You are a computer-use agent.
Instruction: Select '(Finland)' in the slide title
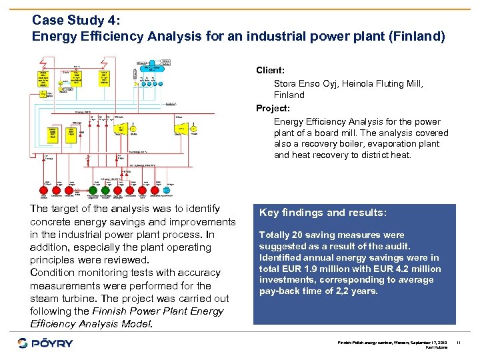(417, 36)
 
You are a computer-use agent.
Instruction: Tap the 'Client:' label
(270, 70)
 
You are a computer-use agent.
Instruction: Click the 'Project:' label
(273, 108)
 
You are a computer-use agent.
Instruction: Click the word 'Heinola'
(356, 84)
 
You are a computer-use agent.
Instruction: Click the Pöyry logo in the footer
(45, 343)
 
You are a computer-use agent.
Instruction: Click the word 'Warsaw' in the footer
(393, 342)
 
